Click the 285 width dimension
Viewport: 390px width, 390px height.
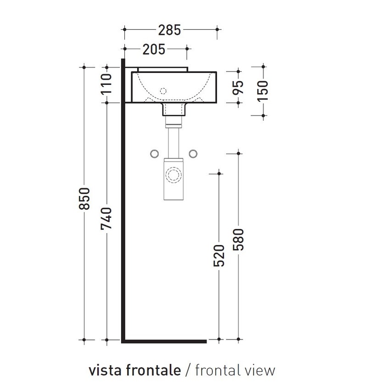pyautogui.click(x=170, y=30)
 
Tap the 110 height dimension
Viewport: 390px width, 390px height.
pyautogui.click(x=107, y=84)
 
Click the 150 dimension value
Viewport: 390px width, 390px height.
pyautogui.click(x=263, y=91)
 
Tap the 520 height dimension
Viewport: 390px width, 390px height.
pyautogui.click(x=219, y=256)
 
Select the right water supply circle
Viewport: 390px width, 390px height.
pyautogui.click(x=193, y=153)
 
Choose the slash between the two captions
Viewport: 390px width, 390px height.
pyautogui.click(x=188, y=370)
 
